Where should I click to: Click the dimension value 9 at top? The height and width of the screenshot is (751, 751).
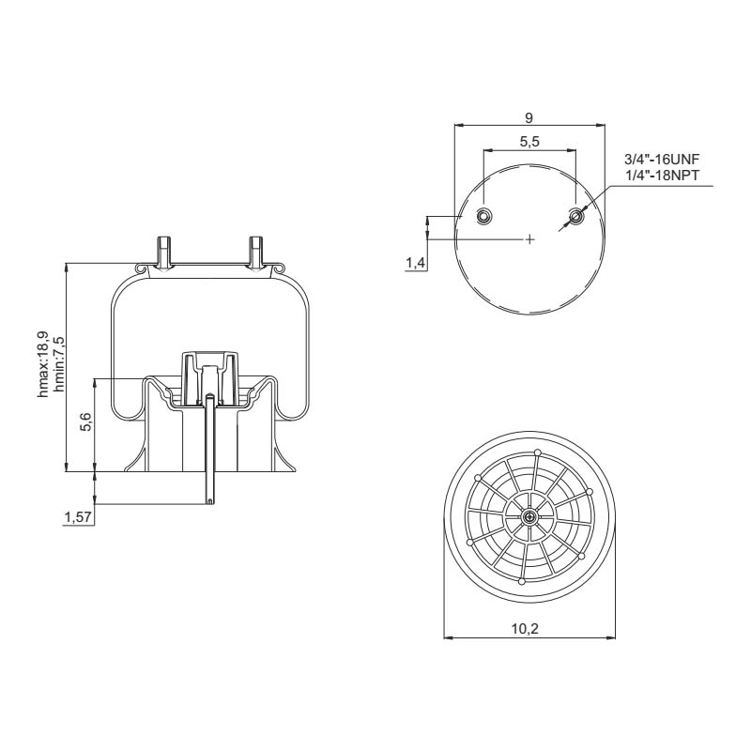[529, 117]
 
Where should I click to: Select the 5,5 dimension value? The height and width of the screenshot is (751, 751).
[529, 142]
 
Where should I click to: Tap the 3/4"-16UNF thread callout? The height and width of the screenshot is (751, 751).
[663, 162]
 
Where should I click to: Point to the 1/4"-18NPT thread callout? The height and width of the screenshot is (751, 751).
[663, 176]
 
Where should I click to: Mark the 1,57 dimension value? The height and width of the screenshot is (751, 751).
[78, 517]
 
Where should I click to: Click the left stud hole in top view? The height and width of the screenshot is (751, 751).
[483, 217]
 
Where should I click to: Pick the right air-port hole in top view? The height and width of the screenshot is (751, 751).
[575, 217]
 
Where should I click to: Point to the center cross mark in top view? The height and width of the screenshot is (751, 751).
[529, 239]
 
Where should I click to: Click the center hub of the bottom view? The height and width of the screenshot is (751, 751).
[530, 516]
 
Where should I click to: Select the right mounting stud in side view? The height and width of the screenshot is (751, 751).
[254, 252]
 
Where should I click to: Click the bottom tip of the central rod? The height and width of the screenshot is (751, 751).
[209, 501]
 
